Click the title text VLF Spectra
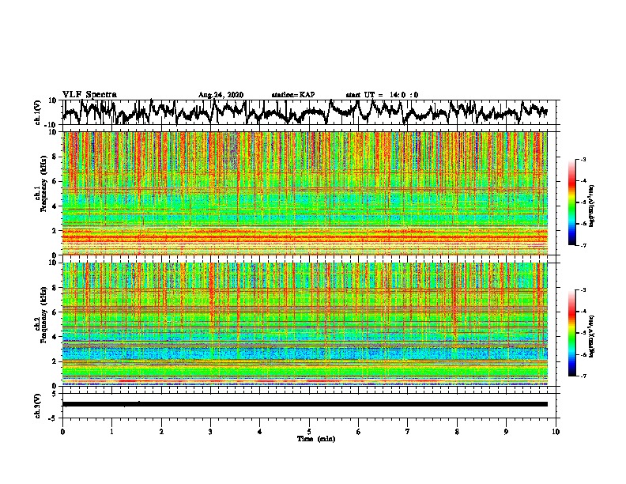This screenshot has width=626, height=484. pos(89,94)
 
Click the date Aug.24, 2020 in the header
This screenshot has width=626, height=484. pos(221,95)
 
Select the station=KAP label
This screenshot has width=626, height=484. pos(292,95)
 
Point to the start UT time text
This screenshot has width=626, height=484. pos(382,95)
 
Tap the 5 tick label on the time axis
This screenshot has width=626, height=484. pos(309,431)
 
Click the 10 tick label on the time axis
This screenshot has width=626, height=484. pos(556,431)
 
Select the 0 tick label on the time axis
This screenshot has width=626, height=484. pos(62,431)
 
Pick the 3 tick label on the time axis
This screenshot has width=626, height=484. pos(210,431)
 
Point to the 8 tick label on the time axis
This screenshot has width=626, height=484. pos(457,431)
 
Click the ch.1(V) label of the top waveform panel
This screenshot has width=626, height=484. pos(37,113)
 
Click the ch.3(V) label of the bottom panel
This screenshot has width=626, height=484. pos(37,404)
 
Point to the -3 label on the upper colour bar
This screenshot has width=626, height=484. pos(583,161)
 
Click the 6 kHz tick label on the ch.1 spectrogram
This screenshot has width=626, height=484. pos(56,182)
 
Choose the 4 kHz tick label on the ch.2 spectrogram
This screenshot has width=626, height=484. pos(56,337)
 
